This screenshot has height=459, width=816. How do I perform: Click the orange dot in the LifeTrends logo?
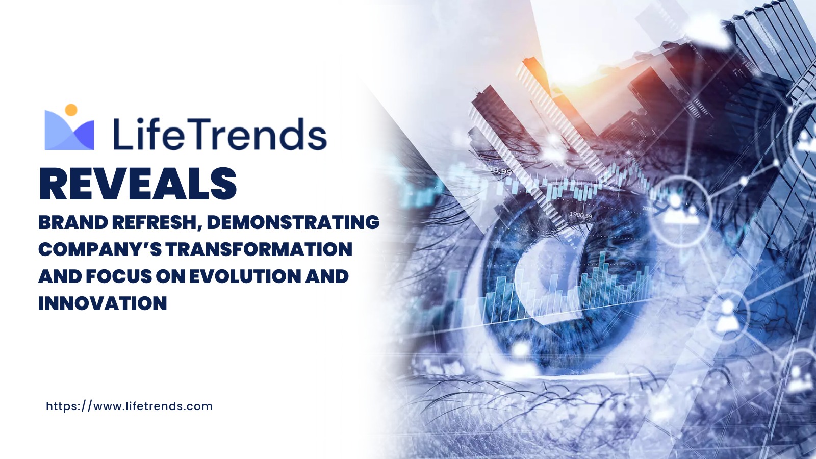pyautogui.click(x=71, y=110)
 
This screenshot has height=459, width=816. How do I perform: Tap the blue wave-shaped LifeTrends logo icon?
pyautogui.click(x=69, y=131)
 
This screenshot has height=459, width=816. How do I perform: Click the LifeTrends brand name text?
pyautogui.click(x=220, y=134)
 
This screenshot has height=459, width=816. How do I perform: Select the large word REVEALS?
pyautogui.click(x=138, y=184)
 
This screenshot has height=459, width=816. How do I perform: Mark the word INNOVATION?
pyautogui.click(x=103, y=303)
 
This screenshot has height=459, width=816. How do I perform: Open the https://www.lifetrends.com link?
pyautogui.click(x=130, y=406)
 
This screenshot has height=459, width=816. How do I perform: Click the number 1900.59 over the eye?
pyautogui.click(x=581, y=215)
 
